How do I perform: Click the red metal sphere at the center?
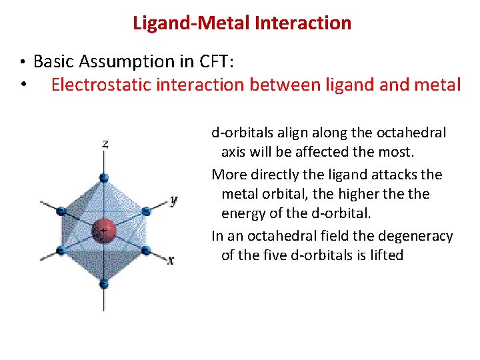[104, 229]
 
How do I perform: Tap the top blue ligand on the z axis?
[103, 177]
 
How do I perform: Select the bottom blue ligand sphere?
[103, 284]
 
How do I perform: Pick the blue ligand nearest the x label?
[145, 251]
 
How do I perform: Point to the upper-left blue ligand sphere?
[61, 211]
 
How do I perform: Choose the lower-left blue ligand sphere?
[61, 251]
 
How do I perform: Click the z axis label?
[105, 143]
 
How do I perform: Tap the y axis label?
[173, 199]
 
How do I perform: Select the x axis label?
[171, 260]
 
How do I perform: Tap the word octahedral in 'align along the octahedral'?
[413, 133]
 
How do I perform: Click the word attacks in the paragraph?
[395, 175]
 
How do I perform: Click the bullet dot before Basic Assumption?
[23, 63]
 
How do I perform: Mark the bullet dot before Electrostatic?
[23, 85]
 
